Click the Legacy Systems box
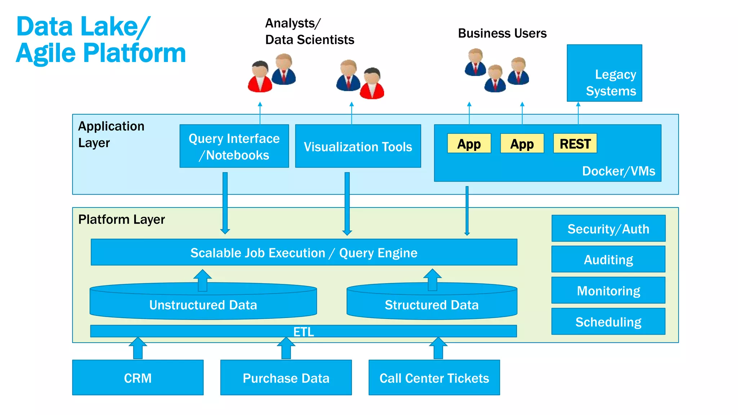coord(604,73)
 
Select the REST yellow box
coord(575,143)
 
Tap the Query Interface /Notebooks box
coord(234,146)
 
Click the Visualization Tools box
coord(358,146)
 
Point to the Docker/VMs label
coord(618,171)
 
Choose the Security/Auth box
coord(608,229)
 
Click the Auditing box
coord(608,259)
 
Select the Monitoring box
coord(608,290)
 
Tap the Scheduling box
coord(608,321)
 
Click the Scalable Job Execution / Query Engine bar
coord(304,253)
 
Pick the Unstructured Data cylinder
coord(203,304)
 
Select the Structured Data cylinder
coord(432,304)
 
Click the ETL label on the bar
coord(303,331)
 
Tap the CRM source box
coord(138,378)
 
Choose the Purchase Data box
coord(286,378)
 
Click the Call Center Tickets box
coord(434,378)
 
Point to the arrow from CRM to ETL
coord(138,349)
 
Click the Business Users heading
coord(502,33)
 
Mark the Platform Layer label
coord(121,219)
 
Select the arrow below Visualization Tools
coord(347,204)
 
